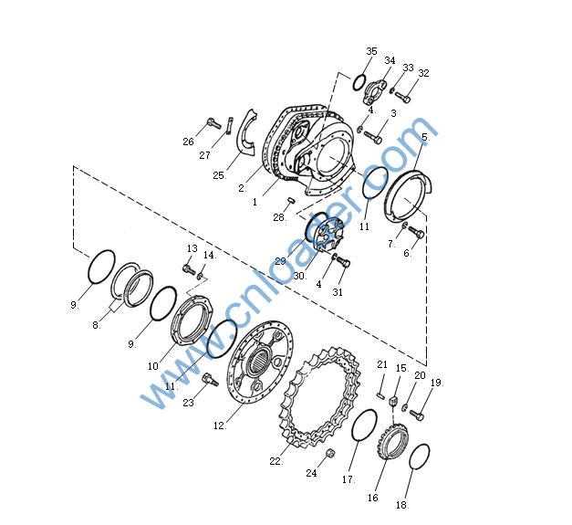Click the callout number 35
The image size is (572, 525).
371,51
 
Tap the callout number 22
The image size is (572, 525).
276,461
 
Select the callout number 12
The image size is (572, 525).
219,425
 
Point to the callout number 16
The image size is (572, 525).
373,498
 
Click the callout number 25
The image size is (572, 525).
219,175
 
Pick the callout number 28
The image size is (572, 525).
279,217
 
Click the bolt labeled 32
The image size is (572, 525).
402,96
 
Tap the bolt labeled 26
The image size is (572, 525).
213,123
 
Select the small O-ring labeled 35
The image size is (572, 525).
359,82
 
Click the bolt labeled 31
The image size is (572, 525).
342,261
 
